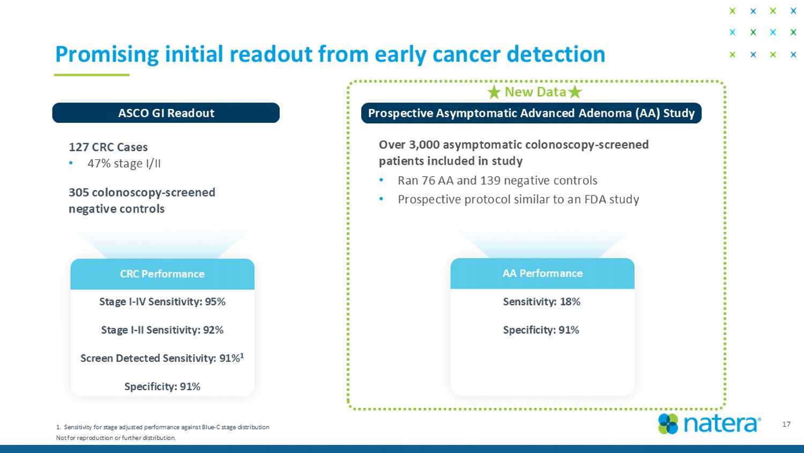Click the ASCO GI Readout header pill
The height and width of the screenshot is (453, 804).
pyautogui.click(x=166, y=113)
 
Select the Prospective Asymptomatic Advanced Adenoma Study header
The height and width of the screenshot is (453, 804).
pyautogui.click(x=531, y=113)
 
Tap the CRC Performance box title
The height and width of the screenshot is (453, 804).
pyautogui.click(x=162, y=274)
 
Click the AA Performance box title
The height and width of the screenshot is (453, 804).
pyautogui.click(x=542, y=273)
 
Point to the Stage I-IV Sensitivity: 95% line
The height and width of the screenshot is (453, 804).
pyautogui.click(x=162, y=302)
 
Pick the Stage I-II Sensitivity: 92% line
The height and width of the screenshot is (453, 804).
pyautogui.click(x=162, y=330)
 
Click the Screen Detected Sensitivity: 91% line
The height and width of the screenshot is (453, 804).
pyautogui.click(x=162, y=358)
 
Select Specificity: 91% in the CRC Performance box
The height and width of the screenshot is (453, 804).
pyautogui.click(x=162, y=386)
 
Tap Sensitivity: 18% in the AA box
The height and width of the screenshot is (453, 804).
pyautogui.click(x=541, y=302)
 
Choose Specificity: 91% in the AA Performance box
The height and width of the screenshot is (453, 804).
pyautogui.click(x=541, y=330)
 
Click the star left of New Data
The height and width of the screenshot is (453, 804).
pyautogui.click(x=494, y=92)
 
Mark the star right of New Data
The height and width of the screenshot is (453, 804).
pyautogui.click(x=575, y=92)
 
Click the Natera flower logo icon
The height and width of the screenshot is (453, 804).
pyautogui.click(x=668, y=424)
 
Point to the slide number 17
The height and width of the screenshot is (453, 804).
pyautogui.click(x=786, y=424)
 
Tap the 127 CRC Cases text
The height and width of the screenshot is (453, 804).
pyautogui.click(x=108, y=147)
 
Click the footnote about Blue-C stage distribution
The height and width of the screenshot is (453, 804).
pyautogui.click(x=162, y=427)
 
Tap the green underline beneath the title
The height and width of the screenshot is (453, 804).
pyautogui.click(x=92, y=75)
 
